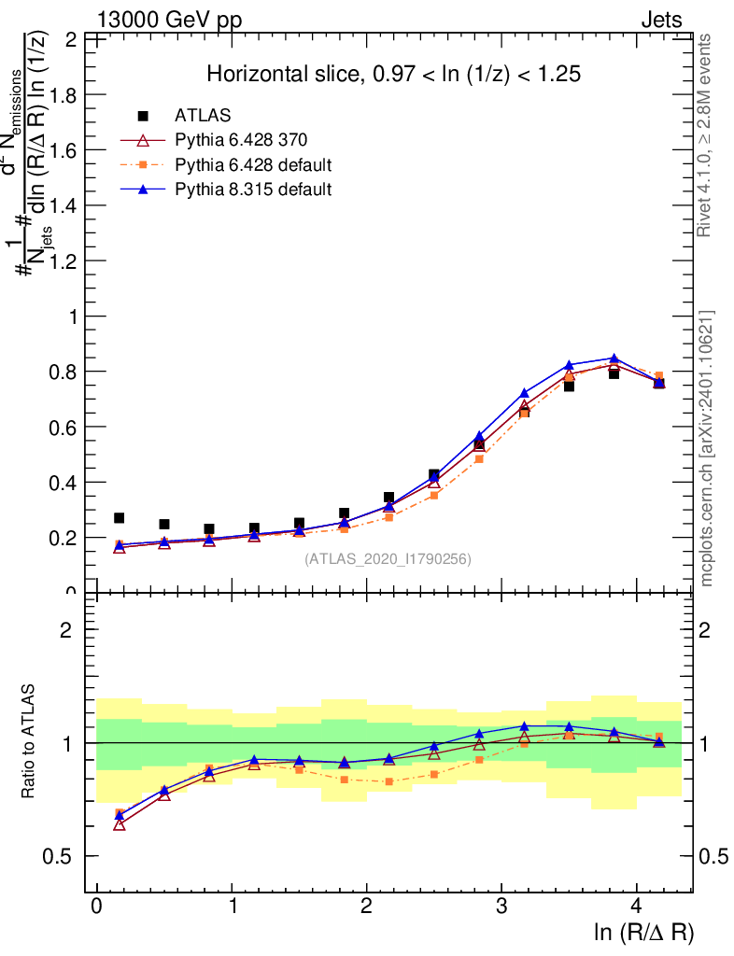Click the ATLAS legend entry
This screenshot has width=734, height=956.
[x=203, y=116]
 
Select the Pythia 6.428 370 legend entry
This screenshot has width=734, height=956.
[x=241, y=140]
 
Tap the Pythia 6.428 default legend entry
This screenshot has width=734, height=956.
[x=253, y=165]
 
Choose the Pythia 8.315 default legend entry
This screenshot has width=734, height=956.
[x=253, y=190]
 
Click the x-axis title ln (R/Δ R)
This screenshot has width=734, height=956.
[x=643, y=933]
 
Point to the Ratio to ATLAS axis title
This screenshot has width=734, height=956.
[x=28, y=742]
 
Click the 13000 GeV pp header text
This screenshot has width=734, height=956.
[x=168, y=21]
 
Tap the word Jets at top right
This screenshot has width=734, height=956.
[x=661, y=21]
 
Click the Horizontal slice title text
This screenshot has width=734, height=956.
[x=393, y=75]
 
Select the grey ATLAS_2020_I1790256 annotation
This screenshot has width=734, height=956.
[x=388, y=559]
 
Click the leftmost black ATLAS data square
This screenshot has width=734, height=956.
[x=119, y=518]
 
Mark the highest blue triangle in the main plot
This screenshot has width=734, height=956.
[x=614, y=358]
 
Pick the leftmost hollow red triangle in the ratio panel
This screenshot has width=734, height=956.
[x=119, y=824]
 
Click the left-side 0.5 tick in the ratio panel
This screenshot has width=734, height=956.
[x=64, y=856]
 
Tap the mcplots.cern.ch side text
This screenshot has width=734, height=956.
[x=707, y=448]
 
